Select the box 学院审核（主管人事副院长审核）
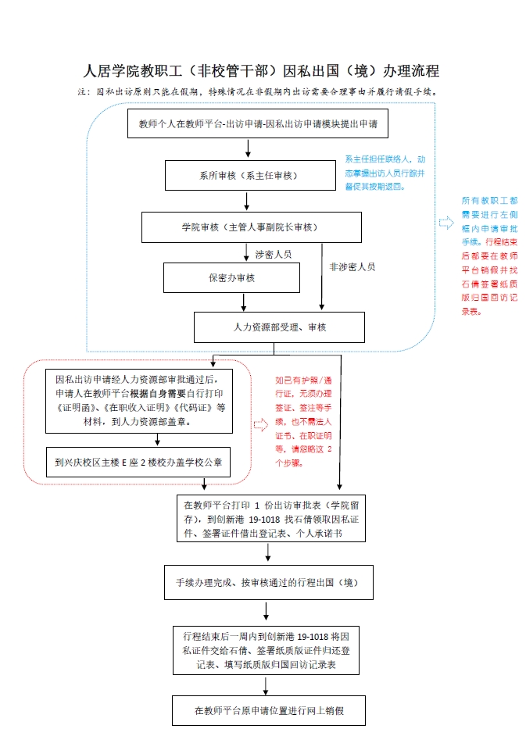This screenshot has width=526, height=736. tap(251, 227)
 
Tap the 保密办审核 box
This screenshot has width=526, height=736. tap(231, 277)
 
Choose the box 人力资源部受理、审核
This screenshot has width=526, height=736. tap(279, 327)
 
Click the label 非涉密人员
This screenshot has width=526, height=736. tap(352, 266)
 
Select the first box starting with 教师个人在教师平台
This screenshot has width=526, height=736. tap(258, 123)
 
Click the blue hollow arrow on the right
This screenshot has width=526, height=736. tap(446, 223)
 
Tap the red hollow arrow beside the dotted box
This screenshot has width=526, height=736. tap(260, 425)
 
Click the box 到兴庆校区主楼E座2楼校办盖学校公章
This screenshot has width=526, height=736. tap(138, 462)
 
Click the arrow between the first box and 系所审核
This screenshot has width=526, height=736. tap(248, 148)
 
